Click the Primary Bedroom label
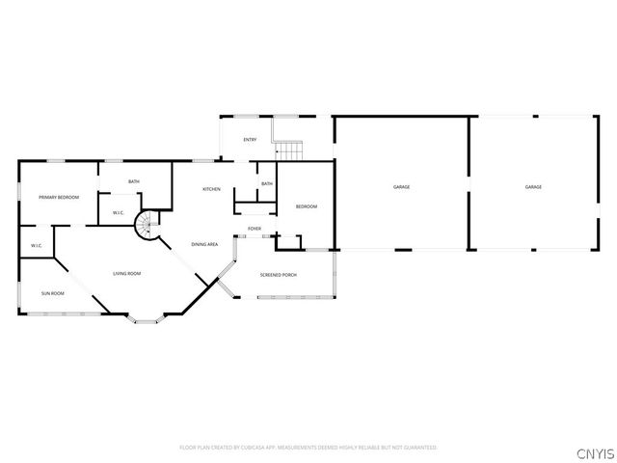point(59,197)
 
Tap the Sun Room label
point(52,292)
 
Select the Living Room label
point(127,274)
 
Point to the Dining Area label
point(204,244)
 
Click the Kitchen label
point(211,189)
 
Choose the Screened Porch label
point(278,275)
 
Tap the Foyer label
point(255,229)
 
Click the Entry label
point(250,140)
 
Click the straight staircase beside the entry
point(288,150)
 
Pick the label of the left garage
point(401,186)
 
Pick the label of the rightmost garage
point(533,186)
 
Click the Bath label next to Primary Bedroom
point(134,181)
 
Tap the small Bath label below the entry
point(267,183)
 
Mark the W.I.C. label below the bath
point(119,213)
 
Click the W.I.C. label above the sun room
point(37,245)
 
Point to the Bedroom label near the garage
point(306,206)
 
